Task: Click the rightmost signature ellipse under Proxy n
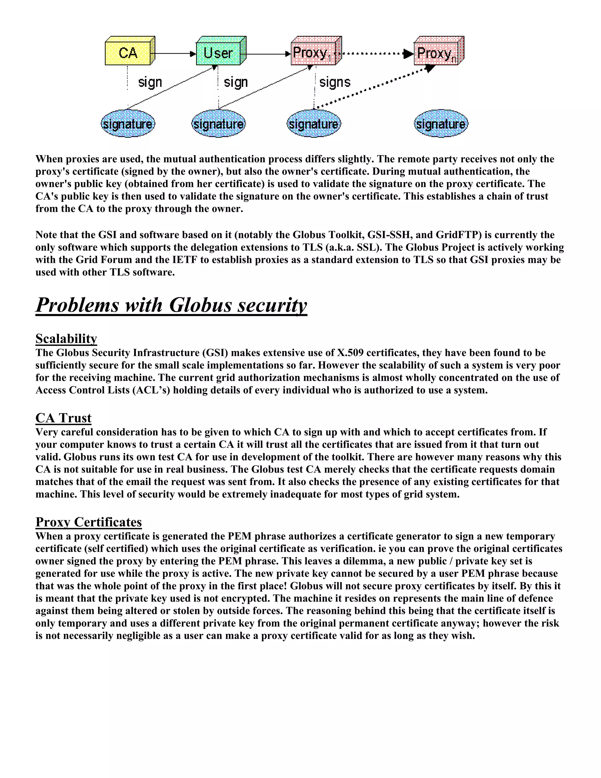441,124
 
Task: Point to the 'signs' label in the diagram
335,82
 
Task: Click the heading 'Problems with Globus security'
171,305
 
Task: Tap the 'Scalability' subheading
66,339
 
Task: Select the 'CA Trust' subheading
63,418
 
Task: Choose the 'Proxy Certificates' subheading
89,522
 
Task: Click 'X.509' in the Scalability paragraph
350,353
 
